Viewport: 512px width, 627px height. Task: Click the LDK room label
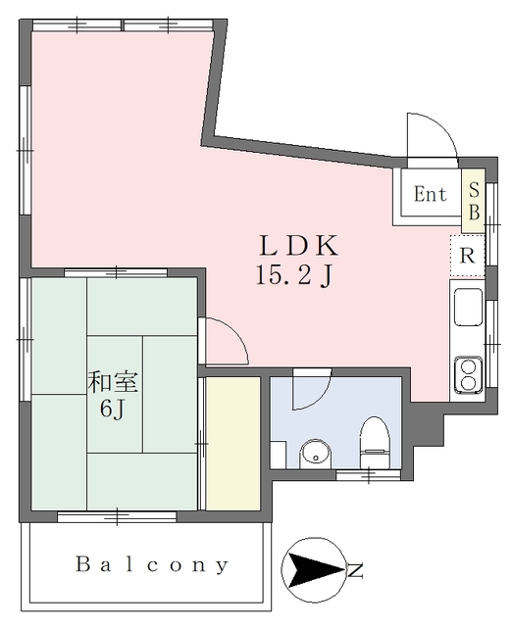[x=298, y=246]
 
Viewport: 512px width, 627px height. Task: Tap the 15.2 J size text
[x=294, y=275]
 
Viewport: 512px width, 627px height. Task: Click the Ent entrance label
[x=431, y=194]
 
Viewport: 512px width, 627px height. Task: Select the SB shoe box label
[x=474, y=201]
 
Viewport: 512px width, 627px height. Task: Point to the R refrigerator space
[x=467, y=256]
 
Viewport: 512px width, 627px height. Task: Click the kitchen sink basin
[x=468, y=307]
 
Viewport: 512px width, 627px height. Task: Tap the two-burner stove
[x=468, y=373]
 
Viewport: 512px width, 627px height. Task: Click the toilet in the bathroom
[x=375, y=443]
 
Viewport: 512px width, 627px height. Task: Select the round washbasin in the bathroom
[x=316, y=455]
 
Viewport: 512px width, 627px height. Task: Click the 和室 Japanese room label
[x=113, y=382]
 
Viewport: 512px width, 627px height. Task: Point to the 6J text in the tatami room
[x=112, y=410]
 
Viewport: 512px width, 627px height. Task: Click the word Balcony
[x=152, y=564]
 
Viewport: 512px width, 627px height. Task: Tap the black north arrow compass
[x=314, y=570]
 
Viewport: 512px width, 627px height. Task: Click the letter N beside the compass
[x=355, y=570]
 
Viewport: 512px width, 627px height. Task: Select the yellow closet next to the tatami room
[x=233, y=444]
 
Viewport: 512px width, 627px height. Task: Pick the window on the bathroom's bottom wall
[x=368, y=475]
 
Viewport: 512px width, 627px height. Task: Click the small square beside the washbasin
[x=278, y=455]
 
